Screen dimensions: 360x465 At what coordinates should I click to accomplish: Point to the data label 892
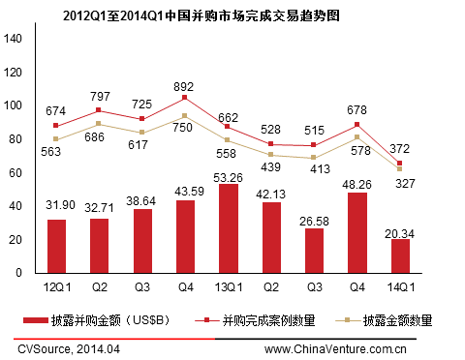point(184,85)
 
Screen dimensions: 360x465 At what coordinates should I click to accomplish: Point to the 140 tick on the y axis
point(14,39)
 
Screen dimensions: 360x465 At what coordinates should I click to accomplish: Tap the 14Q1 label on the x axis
point(401,286)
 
